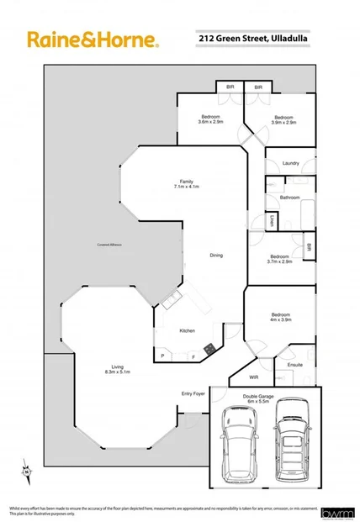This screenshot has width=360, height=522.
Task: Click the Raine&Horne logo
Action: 93,40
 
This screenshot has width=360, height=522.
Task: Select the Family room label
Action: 187,184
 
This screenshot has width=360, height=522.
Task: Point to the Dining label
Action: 216,256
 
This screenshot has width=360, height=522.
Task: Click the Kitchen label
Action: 188,330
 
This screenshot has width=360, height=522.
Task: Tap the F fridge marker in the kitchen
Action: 193,357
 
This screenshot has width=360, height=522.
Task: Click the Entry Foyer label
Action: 193,393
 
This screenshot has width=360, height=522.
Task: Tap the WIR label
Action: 254,377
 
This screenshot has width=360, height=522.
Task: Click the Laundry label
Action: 292,163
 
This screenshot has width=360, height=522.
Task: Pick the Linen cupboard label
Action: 273,222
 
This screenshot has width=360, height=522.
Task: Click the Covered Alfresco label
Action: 109,245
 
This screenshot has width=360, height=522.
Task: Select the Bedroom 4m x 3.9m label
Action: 279,316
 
